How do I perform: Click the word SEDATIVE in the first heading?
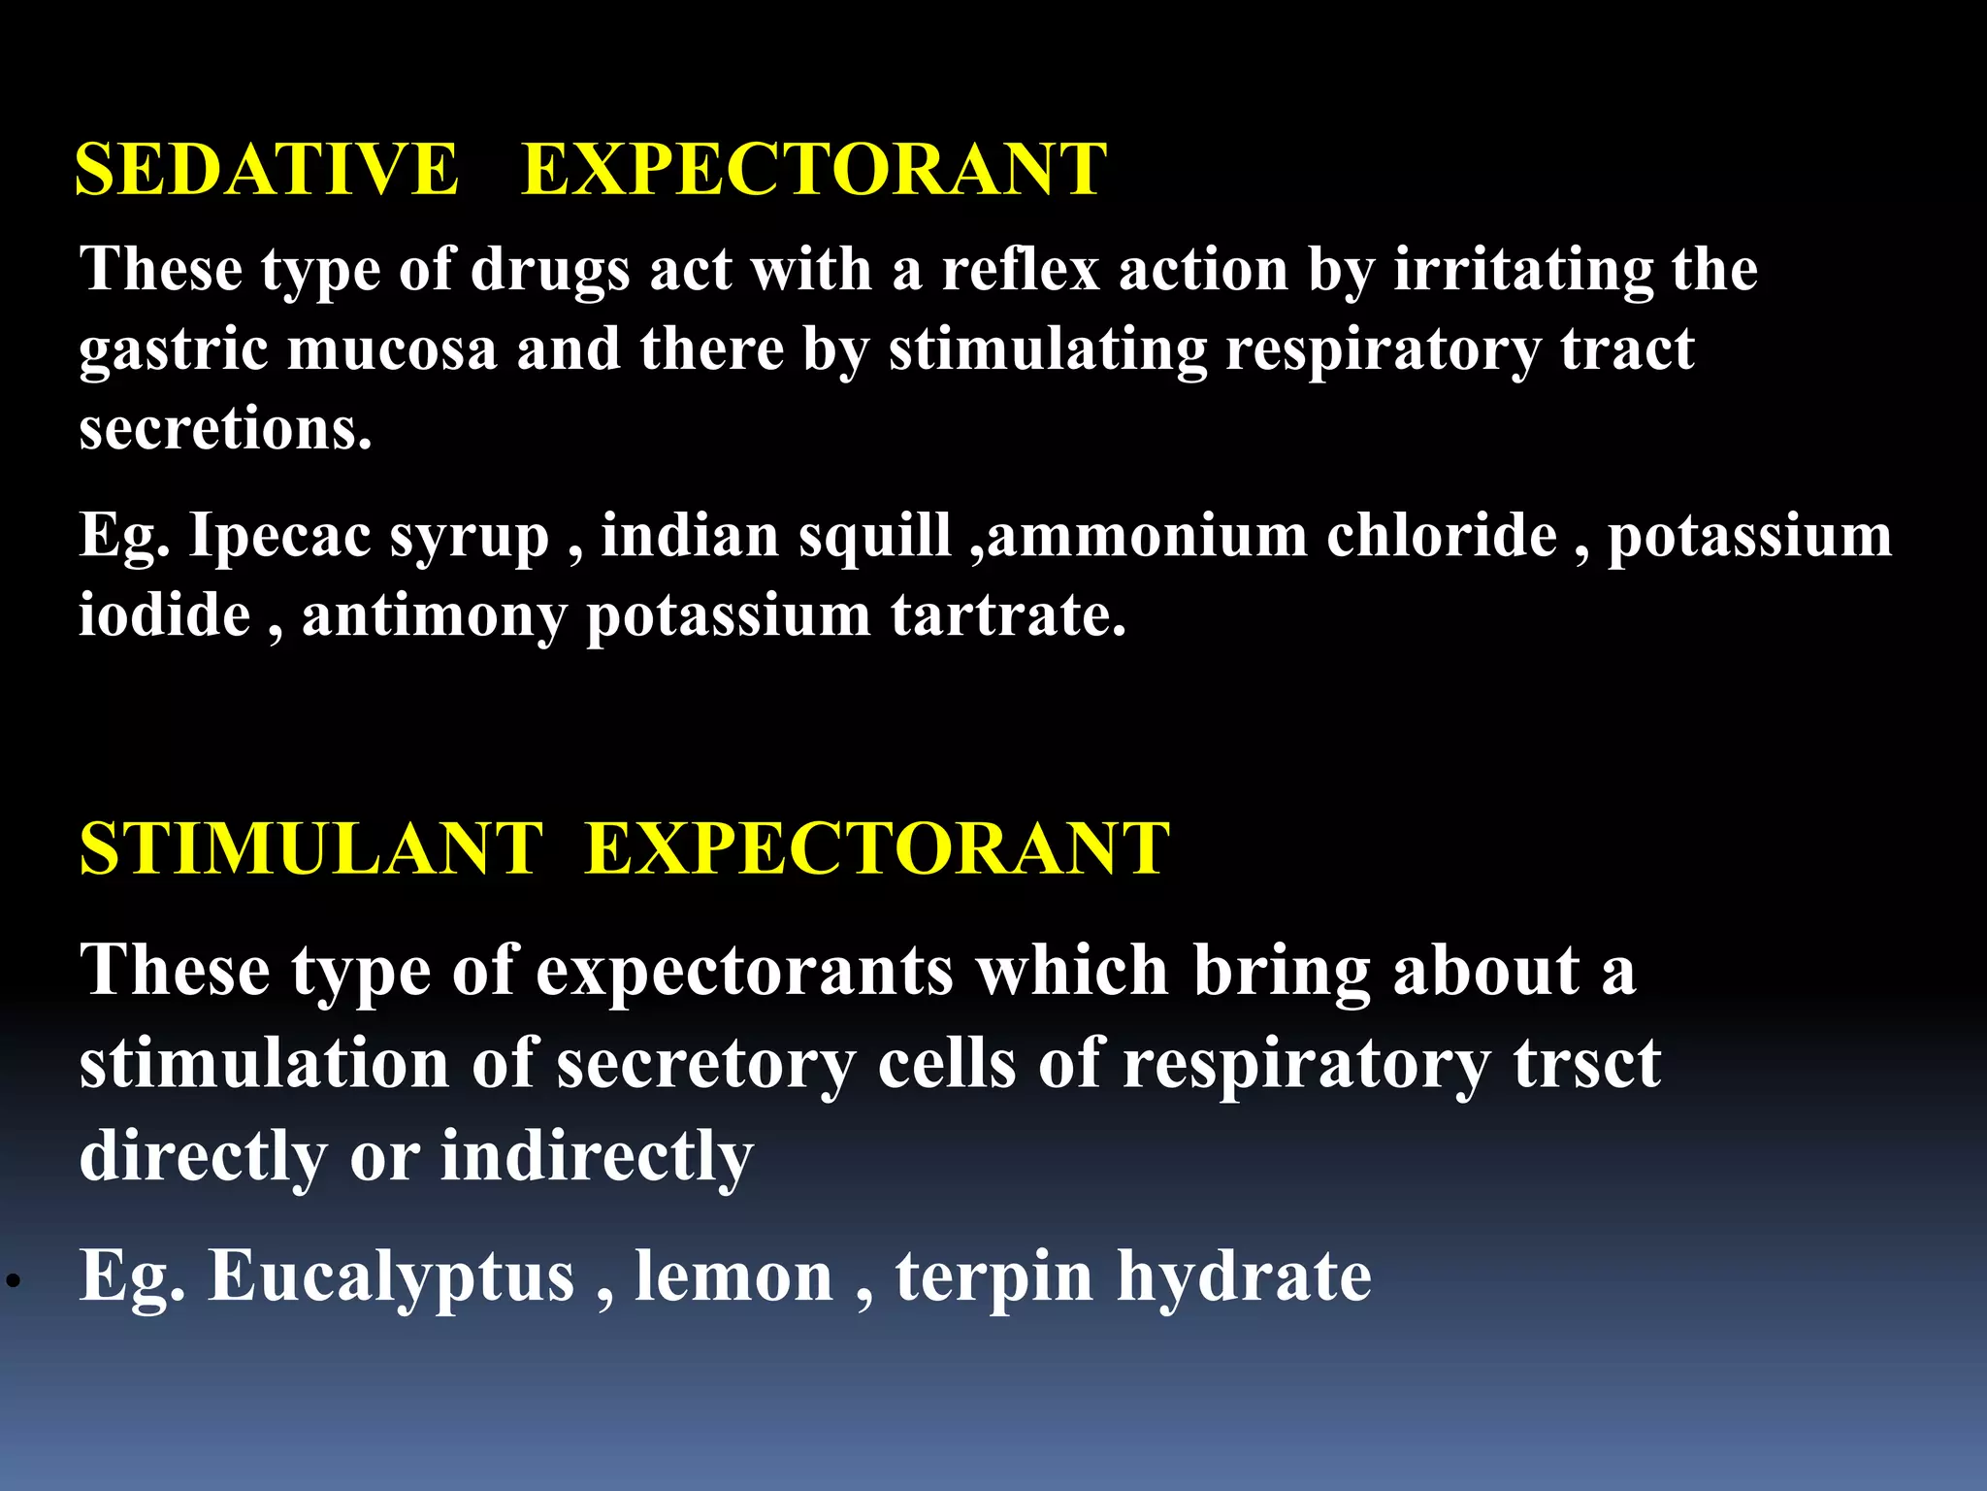[x=266, y=170]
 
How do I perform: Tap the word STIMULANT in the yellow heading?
[x=310, y=849]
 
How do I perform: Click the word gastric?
[x=173, y=351]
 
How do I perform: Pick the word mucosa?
[x=392, y=349]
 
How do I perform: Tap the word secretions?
[x=225, y=429]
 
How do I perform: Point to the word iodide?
[x=164, y=615]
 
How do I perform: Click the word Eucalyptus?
[x=392, y=1278]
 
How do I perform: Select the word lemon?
[x=733, y=1276]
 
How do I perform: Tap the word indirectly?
[x=597, y=1157]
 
